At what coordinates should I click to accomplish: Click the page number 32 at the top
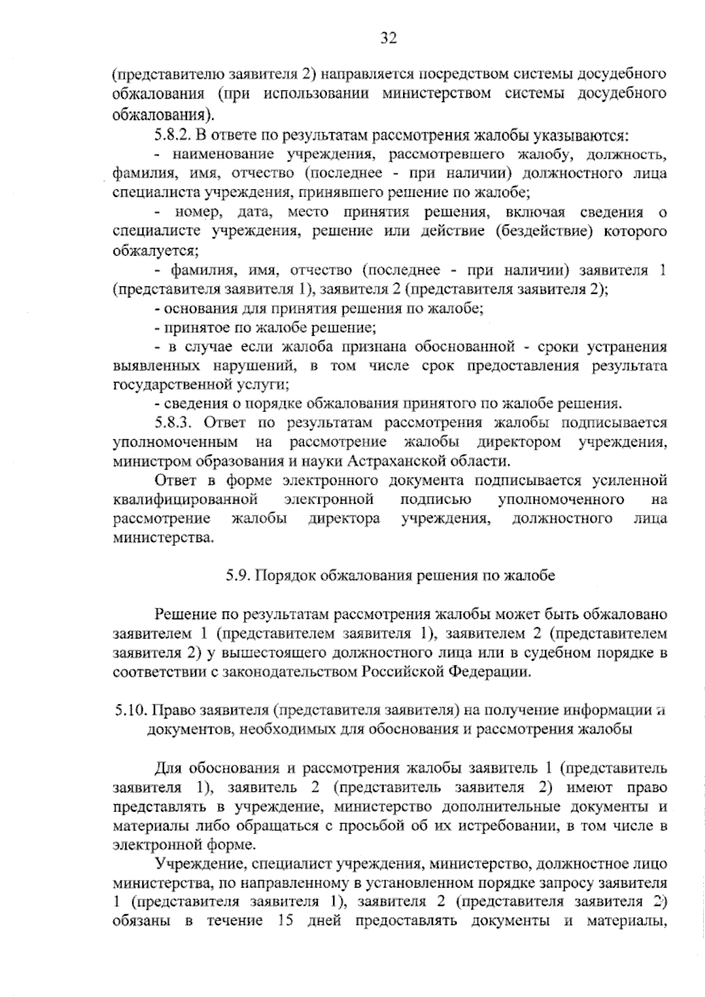(389, 38)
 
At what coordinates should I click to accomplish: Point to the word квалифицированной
(186, 500)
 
